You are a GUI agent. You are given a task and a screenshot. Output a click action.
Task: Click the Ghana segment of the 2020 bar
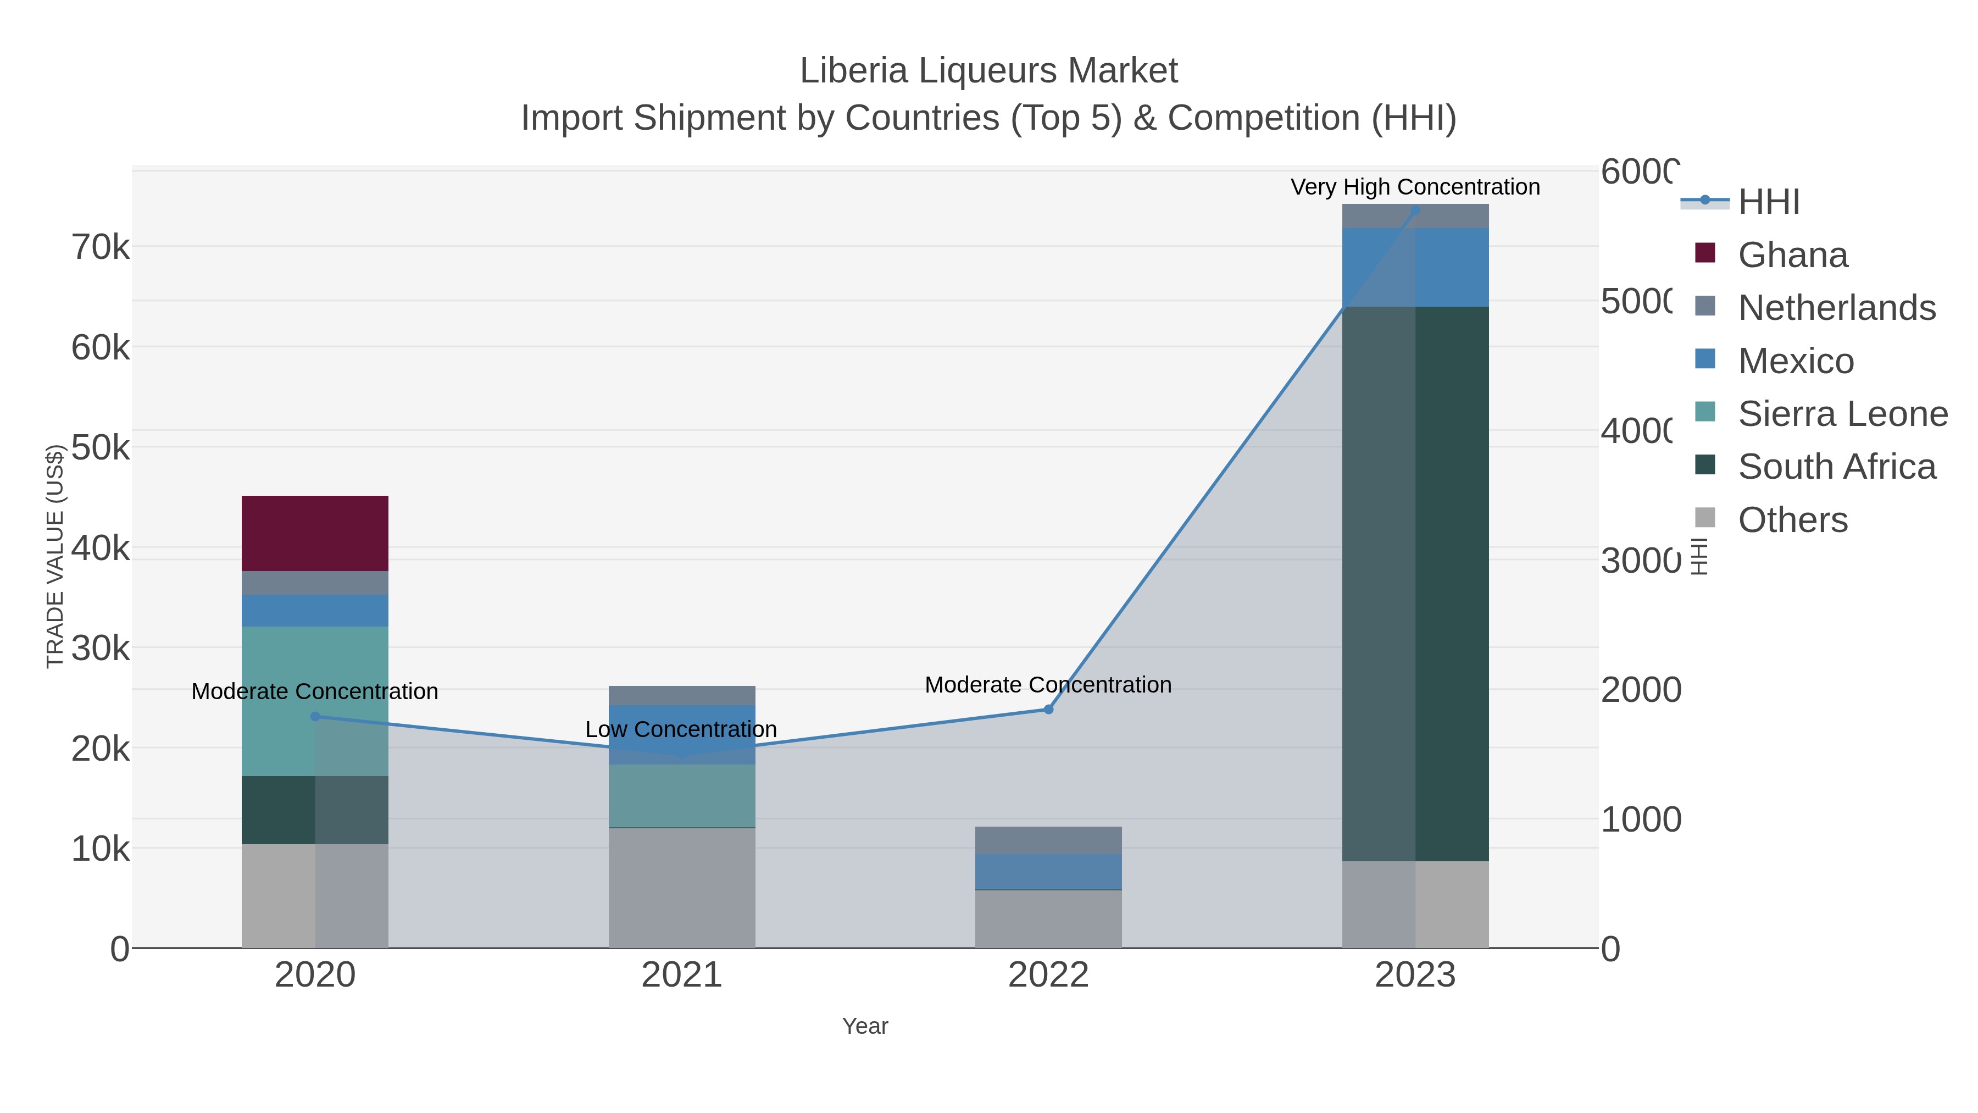click(315, 533)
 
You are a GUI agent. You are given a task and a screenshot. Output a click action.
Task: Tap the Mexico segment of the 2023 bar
click(1415, 267)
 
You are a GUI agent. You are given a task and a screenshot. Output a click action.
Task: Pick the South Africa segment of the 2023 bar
click(1415, 584)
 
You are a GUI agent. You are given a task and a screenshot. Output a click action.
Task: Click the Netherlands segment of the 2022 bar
click(1048, 840)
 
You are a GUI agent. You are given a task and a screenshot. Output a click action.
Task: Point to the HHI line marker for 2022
click(1048, 709)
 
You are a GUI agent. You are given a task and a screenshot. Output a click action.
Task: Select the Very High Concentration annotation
click(1415, 187)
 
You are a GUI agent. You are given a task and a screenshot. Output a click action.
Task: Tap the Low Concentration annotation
click(681, 729)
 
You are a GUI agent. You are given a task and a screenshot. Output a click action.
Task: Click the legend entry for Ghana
click(1792, 255)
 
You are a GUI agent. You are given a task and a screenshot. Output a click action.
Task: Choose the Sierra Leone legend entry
click(1842, 414)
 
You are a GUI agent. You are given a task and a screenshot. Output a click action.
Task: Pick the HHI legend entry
click(1768, 202)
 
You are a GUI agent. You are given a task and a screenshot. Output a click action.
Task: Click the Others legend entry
click(1792, 520)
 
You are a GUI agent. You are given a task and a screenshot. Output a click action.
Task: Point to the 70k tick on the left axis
click(101, 247)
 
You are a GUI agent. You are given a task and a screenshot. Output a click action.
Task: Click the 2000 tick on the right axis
click(1640, 690)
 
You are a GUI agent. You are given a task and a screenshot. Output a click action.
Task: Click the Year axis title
click(865, 1026)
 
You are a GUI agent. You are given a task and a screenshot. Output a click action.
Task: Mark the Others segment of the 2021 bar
click(681, 887)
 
